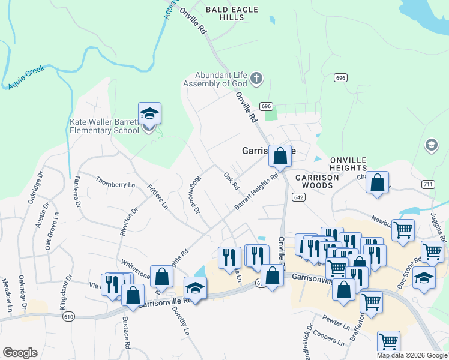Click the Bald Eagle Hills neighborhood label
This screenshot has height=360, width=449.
[232, 13]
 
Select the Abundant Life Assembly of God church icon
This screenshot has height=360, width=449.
[256, 78]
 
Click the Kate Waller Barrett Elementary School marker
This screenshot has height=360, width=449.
[149, 113]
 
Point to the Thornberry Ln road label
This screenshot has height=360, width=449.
[115, 181]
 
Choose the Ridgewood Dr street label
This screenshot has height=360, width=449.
[194, 196]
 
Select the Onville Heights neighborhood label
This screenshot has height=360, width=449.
[348, 164]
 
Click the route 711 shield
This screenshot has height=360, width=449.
[427, 184]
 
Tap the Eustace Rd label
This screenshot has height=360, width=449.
[127, 332]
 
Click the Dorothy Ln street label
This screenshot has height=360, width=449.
[183, 322]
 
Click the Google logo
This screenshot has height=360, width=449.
[20, 353]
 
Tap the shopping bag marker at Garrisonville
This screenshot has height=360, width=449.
[280, 156]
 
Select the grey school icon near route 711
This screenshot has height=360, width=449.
[431, 145]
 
